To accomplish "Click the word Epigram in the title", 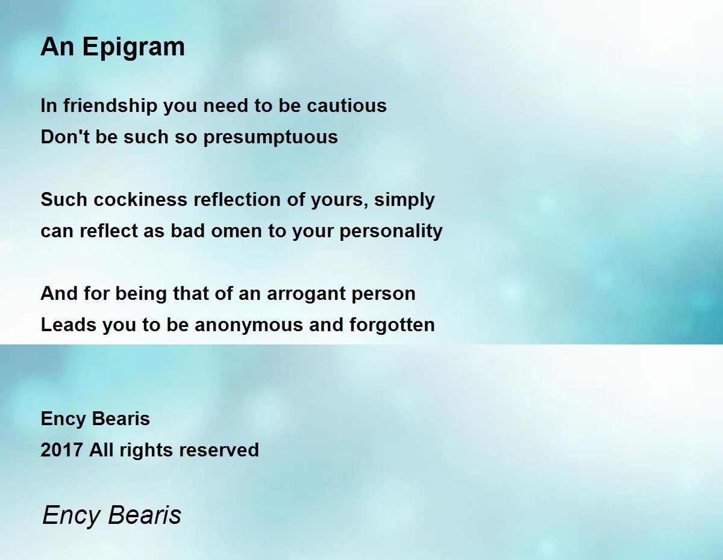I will pyautogui.click(x=133, y=48).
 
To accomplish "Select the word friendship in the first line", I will pyautogui.click(x=101, y=106).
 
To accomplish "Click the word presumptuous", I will pyautogui.click(x=271, y=137).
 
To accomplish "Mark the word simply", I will pyautogui.click(x=404, y=200).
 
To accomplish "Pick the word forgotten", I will pyautogui.click(x=392, y=325).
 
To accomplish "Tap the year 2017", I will pyautogui.click(x=62, y=450).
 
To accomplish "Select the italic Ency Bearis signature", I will pyautogui.click(x=112, y=515).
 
